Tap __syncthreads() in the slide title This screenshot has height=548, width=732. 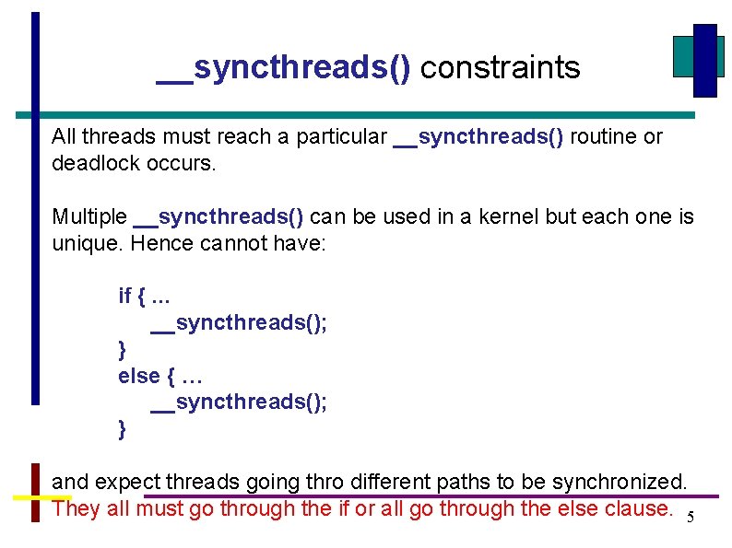coord(284,67)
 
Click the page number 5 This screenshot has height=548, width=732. coord(691,518)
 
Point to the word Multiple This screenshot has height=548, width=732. coord(89,216)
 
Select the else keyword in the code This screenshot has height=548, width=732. coord(138,376)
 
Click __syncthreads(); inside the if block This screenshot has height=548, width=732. coord(239,322)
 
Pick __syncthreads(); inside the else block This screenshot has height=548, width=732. coord(239,402)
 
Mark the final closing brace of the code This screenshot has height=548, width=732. coord(123,429)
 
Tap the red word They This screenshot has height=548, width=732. coord(77,508)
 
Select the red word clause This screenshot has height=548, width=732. coord(642,508)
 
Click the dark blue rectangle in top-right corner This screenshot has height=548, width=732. coord(704,60)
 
